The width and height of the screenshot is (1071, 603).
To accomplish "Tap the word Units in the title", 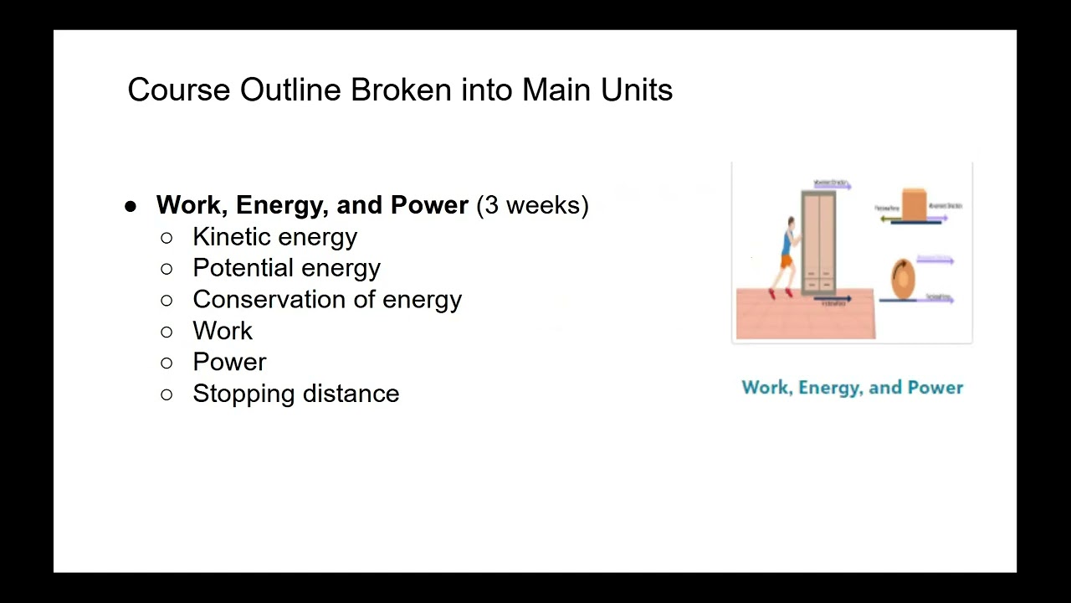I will (x=637, y=90).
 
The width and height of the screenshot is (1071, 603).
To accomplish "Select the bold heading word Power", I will (x=429, y=205).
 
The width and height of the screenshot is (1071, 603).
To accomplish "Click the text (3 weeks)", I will (x=532, y=205).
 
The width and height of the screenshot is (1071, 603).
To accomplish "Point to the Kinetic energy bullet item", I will (x=274, y=237).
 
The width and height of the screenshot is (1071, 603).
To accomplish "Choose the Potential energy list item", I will (x=286, y=268).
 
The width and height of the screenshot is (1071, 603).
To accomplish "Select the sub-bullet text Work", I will (x=223, y=331).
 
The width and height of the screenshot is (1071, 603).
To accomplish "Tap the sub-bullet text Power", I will (x=229, y=362).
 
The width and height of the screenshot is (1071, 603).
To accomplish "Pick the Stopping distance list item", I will (x=295, y=394).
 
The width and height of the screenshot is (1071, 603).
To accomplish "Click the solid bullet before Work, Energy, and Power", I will (x=130, y=206).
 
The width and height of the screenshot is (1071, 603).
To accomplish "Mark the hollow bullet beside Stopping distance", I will (x=167, y=394).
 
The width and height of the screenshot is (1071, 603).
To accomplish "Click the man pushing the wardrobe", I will (x=787, y=256).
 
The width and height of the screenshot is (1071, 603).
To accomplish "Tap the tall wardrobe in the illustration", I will (x=818, y=242).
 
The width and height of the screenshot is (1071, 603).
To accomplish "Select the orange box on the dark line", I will (x=914, y=204).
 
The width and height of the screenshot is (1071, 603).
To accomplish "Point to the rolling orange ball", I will (x=903, y=278).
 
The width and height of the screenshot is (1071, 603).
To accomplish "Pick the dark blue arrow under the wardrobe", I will (x=833, y=298).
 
